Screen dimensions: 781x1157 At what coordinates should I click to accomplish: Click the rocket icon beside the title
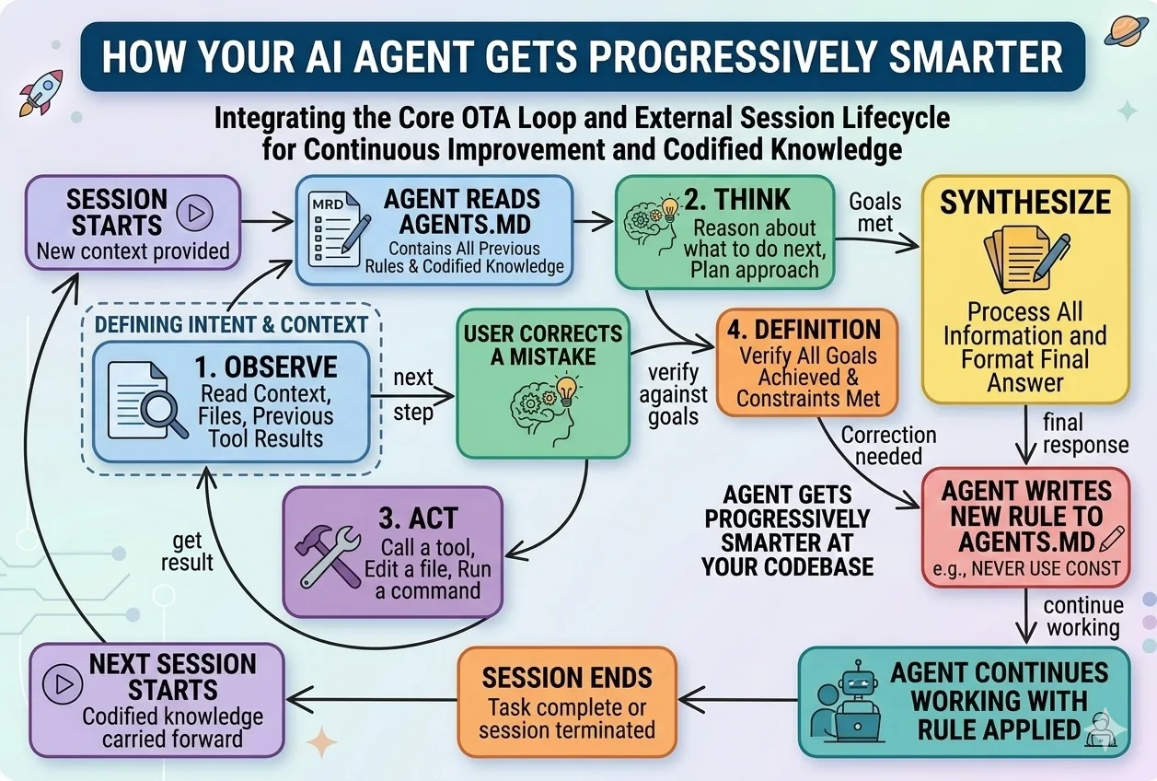pyautogui.click(x=40, y=92)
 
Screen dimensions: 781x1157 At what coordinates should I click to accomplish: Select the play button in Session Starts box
pyautogui.click(x=195, y=213)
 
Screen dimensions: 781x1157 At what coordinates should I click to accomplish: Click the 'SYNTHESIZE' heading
pyautogui.click(x=1024, y=202)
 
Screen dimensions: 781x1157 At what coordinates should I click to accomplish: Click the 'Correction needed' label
pyautogui.click(x=888, y=445)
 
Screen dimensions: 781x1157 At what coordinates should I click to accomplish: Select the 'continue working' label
pyautogui.click(x=1082, y=617)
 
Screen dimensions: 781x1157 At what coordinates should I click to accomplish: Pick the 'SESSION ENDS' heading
pyautogui.click(x=566, y=679)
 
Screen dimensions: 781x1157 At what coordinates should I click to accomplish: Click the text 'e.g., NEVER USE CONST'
pyautogui.click(x=1024, y=567)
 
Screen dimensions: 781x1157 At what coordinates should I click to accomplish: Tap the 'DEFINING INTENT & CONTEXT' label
pyautogui.click(x=231, y=324)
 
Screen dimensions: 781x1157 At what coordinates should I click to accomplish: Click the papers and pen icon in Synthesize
pyautogui.click(x=1024, y=261)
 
